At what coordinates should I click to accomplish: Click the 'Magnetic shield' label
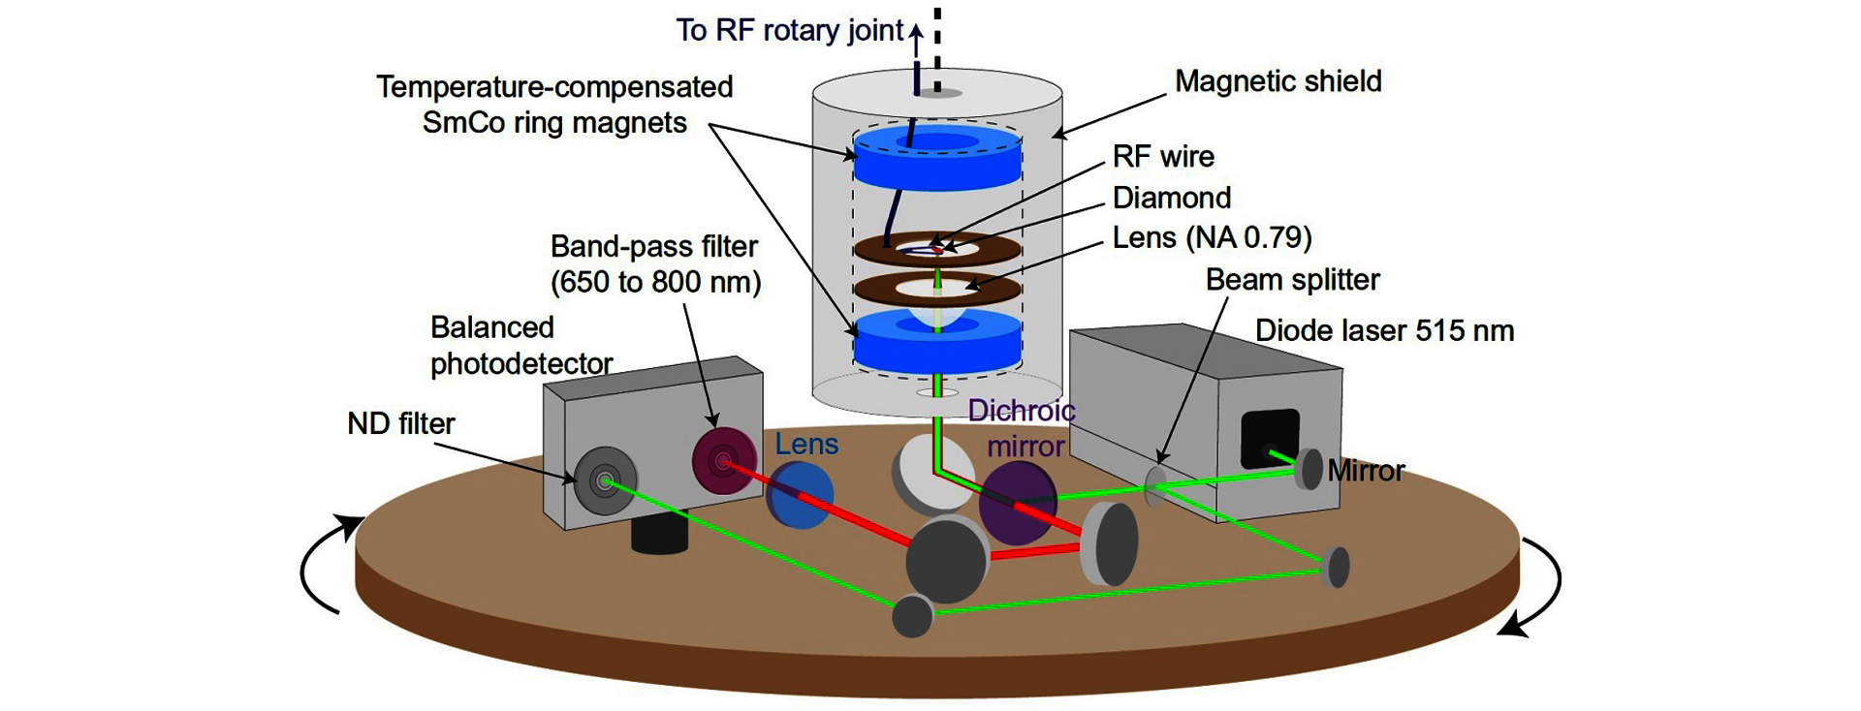(1277, 81)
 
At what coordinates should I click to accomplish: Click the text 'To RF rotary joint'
(789, 30)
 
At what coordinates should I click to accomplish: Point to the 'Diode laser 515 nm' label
(1384, 330)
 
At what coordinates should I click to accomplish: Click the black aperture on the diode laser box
(1269, 439)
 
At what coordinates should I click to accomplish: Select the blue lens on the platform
(800, 494)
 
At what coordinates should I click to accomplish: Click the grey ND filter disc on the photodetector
(605, 479)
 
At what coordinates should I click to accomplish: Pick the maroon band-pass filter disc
(724, 461)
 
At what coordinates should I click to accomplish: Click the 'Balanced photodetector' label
(520, 346)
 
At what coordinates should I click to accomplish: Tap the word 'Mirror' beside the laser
(1366, 471)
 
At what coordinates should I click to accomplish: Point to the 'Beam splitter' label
(1292, 280)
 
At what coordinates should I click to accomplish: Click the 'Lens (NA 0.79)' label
(1212, 237)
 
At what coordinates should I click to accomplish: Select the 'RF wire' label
(1162, 156)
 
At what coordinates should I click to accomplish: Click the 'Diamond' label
(1171, 198)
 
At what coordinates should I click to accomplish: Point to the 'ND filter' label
(400, 423)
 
